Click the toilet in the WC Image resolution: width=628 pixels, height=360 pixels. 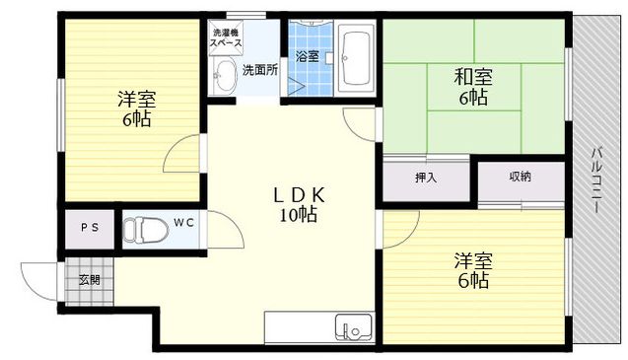tap(145, 231)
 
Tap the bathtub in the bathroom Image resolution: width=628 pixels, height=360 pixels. tap(355, 58)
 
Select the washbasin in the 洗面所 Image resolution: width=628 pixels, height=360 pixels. tap(225, 75)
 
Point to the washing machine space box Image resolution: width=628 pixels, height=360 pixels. tap(226, 37)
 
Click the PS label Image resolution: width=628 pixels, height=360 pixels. tap(90, 228)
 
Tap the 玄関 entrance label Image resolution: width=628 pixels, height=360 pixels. tap(90, 280)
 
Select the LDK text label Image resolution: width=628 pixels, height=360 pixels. tap(299, 195)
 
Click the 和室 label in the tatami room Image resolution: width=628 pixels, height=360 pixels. tap(473, 77)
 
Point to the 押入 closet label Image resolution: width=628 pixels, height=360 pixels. tap(426, 178)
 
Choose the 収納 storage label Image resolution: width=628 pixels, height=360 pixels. tap(520, 177)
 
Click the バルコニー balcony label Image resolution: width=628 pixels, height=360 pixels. tap(596, 180)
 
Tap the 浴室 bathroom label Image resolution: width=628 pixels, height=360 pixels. tap(308, 56)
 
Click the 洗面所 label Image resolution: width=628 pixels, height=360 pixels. tap(260, 70)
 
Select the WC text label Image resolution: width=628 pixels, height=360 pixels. tap(183, 223)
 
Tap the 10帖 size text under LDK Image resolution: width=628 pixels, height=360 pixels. tap(299, 215)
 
